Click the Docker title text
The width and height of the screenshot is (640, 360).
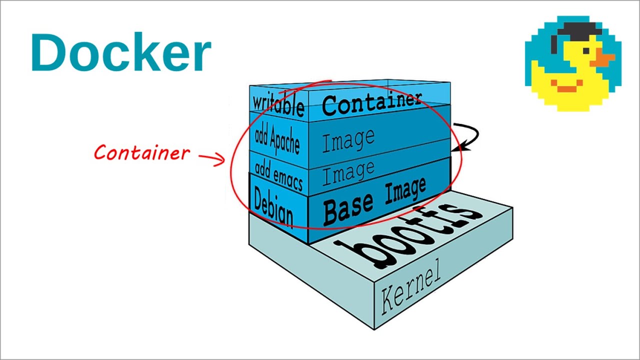click(120, 53)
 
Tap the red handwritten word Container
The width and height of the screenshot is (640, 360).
click(142, 152)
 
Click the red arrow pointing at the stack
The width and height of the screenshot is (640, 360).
click(212, 158)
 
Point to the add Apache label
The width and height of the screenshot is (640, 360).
click(277, 138)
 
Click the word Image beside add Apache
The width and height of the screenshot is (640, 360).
click(348, 140)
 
